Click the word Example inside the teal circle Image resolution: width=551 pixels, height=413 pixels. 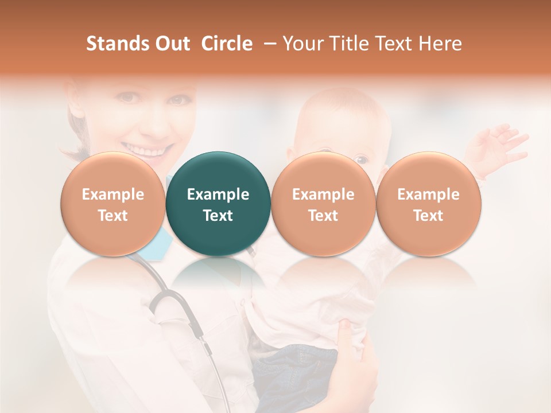218,194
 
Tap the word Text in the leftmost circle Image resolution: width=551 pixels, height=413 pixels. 113,216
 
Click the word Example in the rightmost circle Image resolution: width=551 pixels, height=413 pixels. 429,194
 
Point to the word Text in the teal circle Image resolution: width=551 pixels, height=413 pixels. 218,216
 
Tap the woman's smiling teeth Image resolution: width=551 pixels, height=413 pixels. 146,151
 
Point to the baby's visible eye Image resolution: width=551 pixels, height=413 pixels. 360,159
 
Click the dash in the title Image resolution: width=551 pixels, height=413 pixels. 271,44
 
